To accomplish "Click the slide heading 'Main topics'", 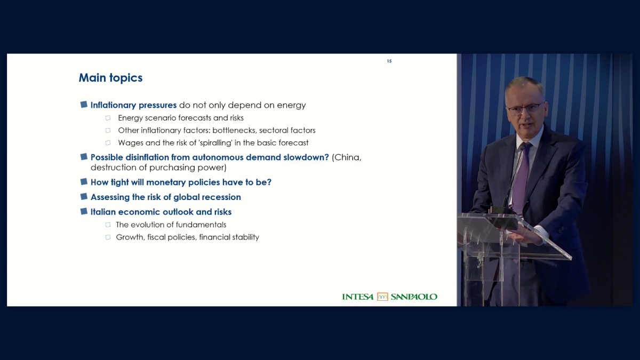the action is click(x=110, y=78).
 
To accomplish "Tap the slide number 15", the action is click(x=389, y=61).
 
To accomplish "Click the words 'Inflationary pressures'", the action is click(x=133, y=105).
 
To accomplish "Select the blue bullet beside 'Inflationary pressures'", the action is click(x=84, y=105).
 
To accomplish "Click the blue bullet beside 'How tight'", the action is click(x=84, y=181).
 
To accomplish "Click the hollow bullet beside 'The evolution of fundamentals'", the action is click(x=108, y=225).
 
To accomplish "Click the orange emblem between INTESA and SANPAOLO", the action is click(x=382, y=297).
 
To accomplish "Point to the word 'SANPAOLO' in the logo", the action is click(x=414, y=297).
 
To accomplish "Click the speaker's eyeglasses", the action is click(x=525, y=108).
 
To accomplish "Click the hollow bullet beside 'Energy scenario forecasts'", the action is click(x=108, y=118).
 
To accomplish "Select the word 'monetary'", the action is click(x=166, y=182).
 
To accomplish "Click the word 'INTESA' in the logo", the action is click(x=358, y=297).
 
